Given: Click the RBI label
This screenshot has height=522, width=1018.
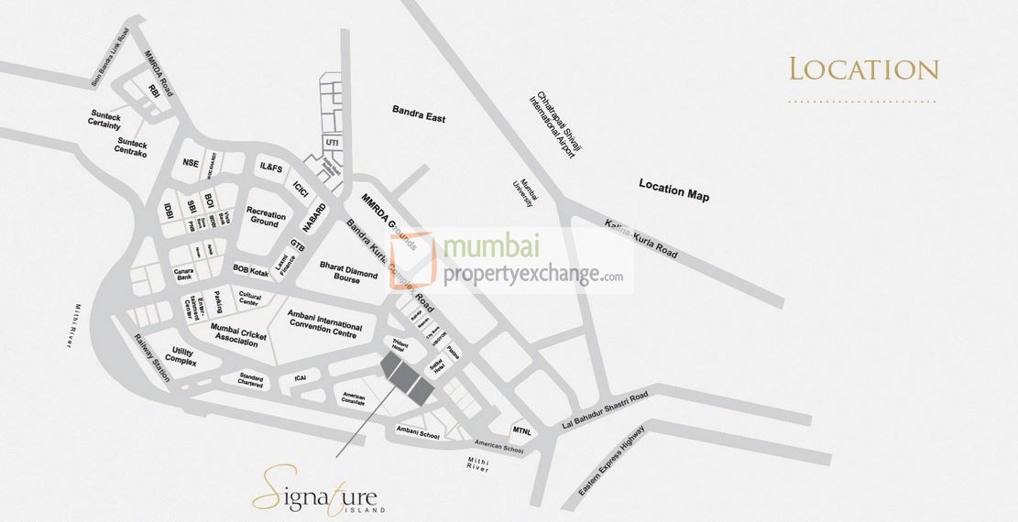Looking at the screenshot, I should pyautogui.click(x=155, y=91).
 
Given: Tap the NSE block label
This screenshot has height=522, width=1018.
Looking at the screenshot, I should pyautogui.click(x=191, y=163).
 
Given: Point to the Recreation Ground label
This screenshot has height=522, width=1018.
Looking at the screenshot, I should pyautogui.click(x=268, y=217).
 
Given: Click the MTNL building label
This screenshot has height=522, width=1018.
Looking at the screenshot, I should pyautogui.click(x=522, y=430).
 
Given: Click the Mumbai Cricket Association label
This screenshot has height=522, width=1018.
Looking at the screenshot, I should pyautogui.click(x=238, y=332).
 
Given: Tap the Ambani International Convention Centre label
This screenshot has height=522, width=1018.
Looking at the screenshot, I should pyautogui.click(x=324, y=321).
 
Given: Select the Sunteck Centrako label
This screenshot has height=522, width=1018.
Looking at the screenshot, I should pyautogui.click(x=138, y=147).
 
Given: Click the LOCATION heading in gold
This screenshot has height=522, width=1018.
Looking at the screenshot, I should pyautogui.click(x=864, y=70).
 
